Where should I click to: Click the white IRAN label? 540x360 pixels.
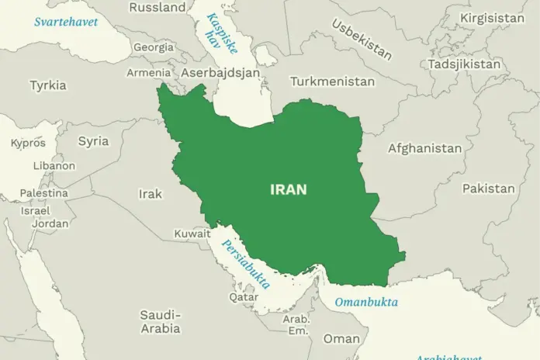point(288,189)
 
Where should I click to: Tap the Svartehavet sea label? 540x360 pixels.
point(65,22)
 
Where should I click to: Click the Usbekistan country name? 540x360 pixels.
point(362,38)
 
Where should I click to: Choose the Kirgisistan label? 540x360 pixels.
point(493,18)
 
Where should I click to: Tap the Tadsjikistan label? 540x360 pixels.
point(465,64)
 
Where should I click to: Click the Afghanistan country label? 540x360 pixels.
point(424,148)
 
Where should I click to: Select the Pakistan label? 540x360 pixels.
point(488,189)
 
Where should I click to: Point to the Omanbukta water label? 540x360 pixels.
point(366,301)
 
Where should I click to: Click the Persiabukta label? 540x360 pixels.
point(246,264)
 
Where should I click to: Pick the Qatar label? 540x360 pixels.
point(244,296)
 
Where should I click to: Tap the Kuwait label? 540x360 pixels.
point(192,233)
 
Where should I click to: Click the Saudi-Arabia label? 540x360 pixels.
point(161,322)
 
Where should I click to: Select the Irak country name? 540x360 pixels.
point(150,194)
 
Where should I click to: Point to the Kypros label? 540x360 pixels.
point(28,143)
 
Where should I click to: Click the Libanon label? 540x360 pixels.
point(54,165)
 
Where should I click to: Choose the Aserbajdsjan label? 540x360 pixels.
point(220,72)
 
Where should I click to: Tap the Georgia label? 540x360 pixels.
point(153,47)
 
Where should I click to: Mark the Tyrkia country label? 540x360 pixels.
point(48,85)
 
